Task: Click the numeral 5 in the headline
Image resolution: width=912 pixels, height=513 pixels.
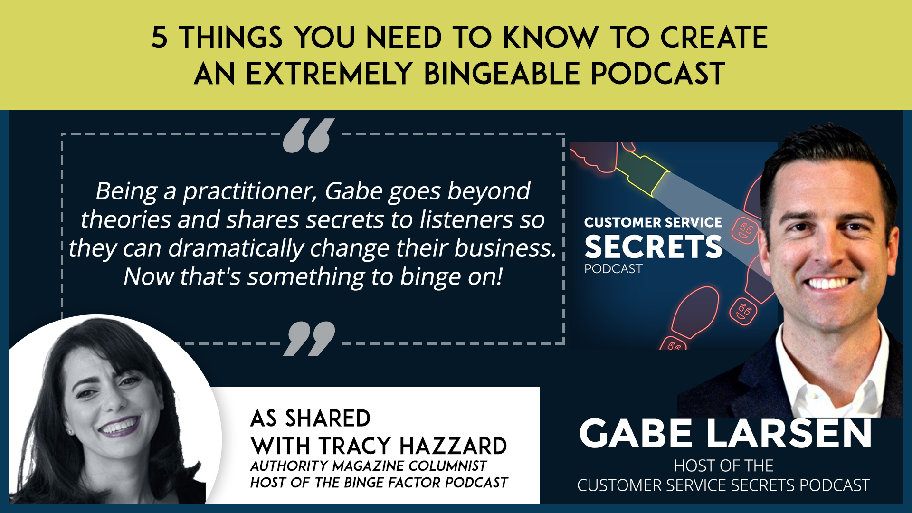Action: click(x=160, y=38)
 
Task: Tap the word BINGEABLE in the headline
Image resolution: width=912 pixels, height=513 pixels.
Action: click(x=502, y=74)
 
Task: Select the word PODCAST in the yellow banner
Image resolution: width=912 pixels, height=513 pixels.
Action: click(x=658, y=74)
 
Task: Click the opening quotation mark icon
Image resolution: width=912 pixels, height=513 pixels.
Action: click(x=309, y=136)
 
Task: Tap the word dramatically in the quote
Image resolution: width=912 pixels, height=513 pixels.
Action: click(x=236, y=248)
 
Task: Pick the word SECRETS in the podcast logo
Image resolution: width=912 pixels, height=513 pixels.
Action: click(x=653, y=247)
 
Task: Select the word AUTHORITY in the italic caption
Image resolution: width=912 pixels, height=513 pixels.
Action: click(x=289, y=466)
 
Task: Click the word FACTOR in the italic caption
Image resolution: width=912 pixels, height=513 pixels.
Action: click(x=415, y=483)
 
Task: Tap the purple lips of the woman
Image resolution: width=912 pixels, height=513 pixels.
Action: click(x=119, y=425)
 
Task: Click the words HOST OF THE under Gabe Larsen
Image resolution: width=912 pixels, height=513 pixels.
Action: click(x=723, y=465)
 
